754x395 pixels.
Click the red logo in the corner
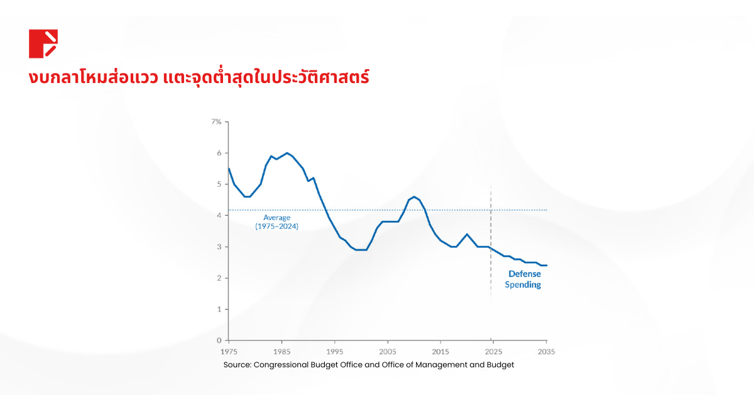(43, 43)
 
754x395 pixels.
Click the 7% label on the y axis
(216, 121)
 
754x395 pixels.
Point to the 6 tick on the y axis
(219, 153)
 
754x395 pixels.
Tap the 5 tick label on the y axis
(219, 184)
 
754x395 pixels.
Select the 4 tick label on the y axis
(219, 216)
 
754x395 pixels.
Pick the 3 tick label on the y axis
(219, 247)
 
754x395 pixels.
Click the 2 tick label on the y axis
(219, 278)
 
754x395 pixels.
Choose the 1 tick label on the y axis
(219, 309)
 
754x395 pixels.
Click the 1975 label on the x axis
(229, 351)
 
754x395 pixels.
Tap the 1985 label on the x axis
(281, 351)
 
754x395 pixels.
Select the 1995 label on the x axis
(335, 351)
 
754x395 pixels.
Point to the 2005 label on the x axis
(388, 351)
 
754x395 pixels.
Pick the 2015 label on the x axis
(441, 351)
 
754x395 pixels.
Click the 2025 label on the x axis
(494, 351)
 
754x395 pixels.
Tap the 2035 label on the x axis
(547, 351)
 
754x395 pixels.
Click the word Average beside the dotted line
(276, 218)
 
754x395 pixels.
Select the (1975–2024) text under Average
(276, 226)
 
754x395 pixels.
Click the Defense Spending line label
(525, 279)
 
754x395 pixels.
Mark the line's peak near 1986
(287, 153)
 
